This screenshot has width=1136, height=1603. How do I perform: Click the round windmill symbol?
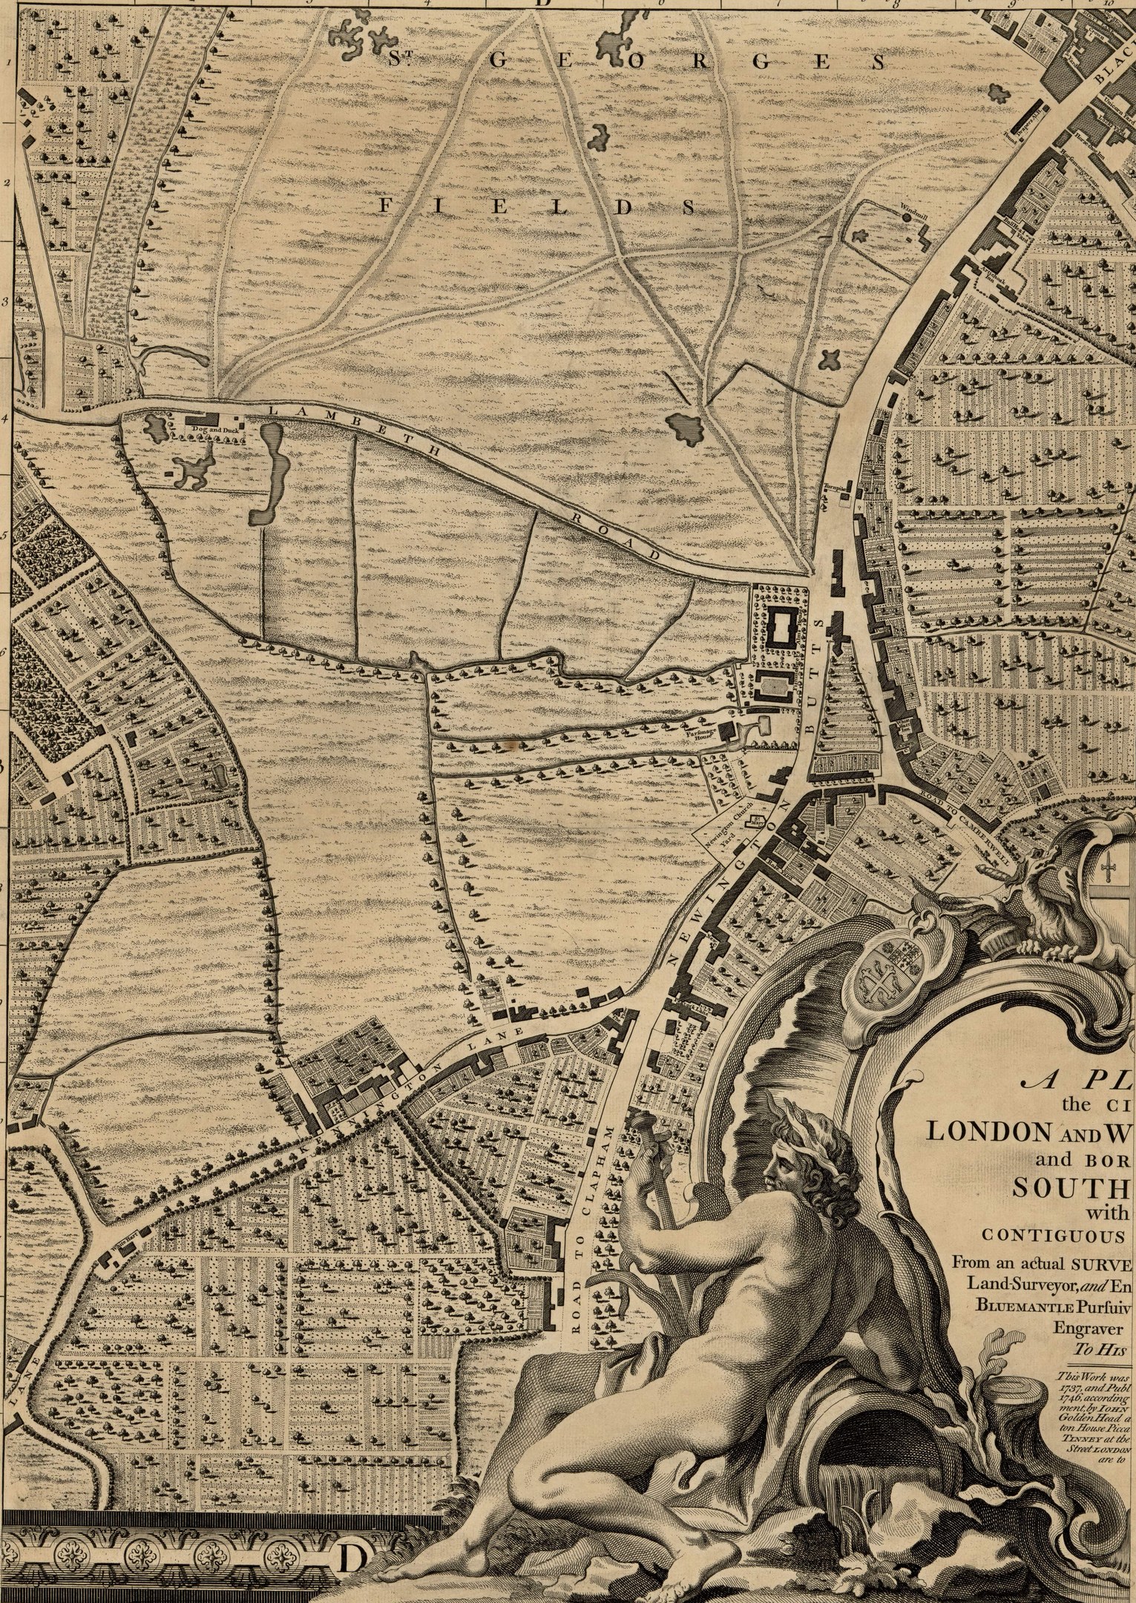coord(906,218)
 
